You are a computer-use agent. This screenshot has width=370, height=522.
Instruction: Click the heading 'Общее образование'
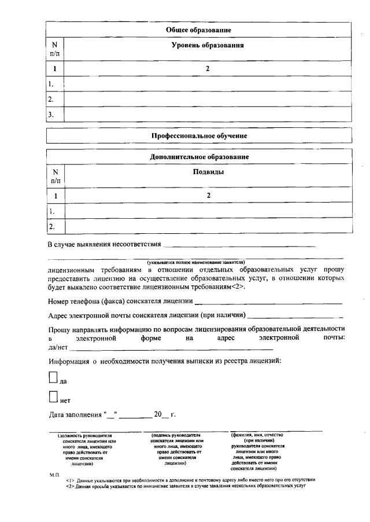(199, 30)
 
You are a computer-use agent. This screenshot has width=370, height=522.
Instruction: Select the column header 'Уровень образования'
(208, 45)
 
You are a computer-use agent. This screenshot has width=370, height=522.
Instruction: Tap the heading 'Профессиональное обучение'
(199, 135)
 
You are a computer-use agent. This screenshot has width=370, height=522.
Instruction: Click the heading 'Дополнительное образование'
(199, 157)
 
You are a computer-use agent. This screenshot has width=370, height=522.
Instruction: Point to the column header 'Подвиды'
(208, 172)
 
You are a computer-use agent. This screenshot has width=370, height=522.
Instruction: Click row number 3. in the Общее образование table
(51, 115)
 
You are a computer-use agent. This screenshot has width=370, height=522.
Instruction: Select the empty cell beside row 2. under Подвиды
(208, 226)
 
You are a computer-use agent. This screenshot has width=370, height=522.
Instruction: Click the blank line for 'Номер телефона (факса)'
(268, 302)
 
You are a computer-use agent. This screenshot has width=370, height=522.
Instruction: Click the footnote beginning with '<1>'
(190, 480)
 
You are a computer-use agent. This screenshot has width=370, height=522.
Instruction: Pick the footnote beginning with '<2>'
(185, 486)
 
